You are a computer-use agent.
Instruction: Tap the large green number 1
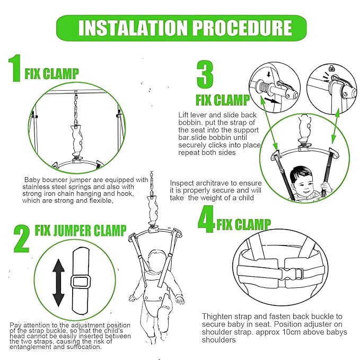pyautogui.click(x=15, y=68)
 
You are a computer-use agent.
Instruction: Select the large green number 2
pyautogui.click(x=22, y=239)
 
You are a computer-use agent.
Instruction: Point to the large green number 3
pyautogui.click(x=205, y=74)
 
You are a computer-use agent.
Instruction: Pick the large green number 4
pyautogui.click(x=206, y=219)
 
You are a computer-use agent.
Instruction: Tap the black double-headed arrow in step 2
pyautogui.click(x=58, y=283)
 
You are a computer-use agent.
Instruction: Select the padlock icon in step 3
pyautogui.click(x=331, y=68)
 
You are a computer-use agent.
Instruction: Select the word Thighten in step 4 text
pyautogui.click(x=217, y=317)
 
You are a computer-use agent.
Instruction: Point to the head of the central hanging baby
pyautogui.click(x=157, y=260)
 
